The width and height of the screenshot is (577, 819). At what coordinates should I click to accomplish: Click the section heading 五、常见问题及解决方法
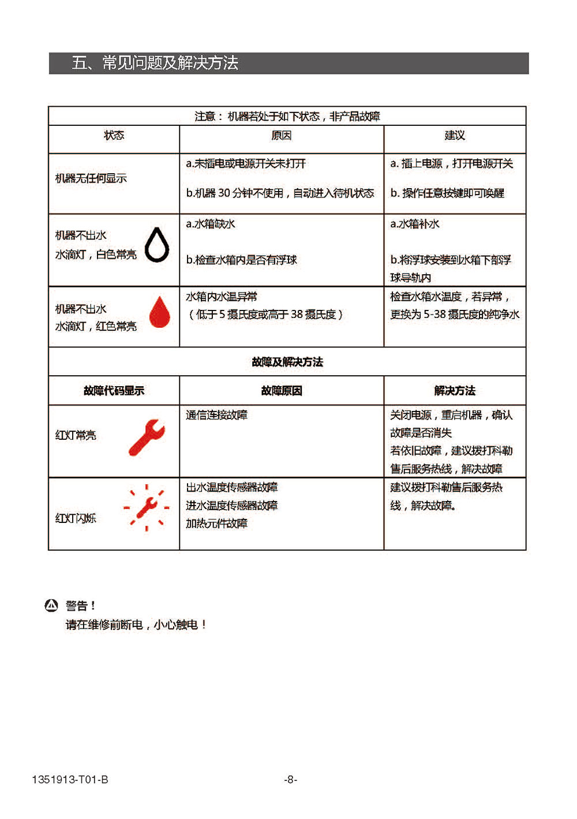(x=155, y=63)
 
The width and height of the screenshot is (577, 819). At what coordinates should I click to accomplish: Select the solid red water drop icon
(x=160, y=312)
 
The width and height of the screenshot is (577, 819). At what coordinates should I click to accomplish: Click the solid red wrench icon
(x=147, y=437)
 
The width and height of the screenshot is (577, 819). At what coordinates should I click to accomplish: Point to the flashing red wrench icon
(x=147, y=507)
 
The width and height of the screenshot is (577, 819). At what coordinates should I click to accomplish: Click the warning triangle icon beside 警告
(x=51, y=605)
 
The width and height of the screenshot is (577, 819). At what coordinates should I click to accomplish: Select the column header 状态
(x=114, y=135)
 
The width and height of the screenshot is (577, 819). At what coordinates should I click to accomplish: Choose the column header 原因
(x=281, y=135)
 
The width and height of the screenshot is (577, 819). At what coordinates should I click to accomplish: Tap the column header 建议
(x=454, y=135)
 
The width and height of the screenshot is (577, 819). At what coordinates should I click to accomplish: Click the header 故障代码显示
(x=114, y=391)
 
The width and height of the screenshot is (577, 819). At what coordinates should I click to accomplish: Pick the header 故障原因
(x=281, y=391)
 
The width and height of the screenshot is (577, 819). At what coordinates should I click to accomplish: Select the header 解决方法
(x=454, y=391)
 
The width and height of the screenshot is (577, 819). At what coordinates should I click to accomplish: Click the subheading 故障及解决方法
(x=287, y=362)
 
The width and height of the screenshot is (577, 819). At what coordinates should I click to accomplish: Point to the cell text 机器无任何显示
(x=91, y=178)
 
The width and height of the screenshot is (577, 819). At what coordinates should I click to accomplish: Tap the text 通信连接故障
(x=216, y=415)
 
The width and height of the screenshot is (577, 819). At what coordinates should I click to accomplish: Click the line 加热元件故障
(x=216, y=523)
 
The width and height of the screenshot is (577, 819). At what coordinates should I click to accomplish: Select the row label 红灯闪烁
(x=76, y=518)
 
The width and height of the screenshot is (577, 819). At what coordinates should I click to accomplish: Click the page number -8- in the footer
(x=290, y=780)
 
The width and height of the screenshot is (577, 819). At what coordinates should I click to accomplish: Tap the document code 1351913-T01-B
(x=70, y=780)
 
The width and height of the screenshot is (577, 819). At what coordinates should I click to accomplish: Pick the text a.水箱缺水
(x=210, y=224)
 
